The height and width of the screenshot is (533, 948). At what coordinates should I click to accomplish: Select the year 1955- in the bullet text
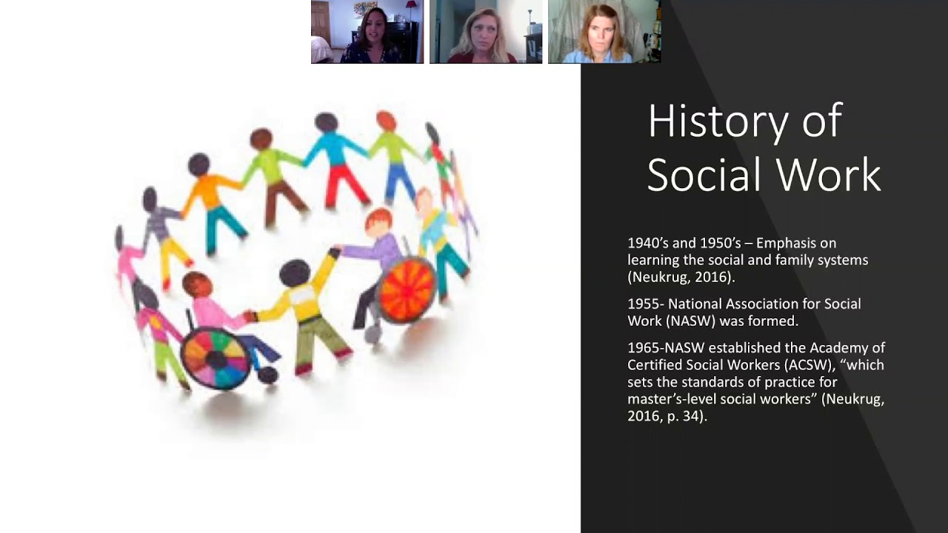[646, 304]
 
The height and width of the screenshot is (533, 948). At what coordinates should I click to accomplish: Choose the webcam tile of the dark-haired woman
[367, 32]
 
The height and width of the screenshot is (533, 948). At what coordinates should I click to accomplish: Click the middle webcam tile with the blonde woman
[486, 32]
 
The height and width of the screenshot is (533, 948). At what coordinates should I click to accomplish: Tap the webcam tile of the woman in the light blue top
[604, 32]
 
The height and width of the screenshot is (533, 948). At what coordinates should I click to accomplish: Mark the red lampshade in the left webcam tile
[411, 6]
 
